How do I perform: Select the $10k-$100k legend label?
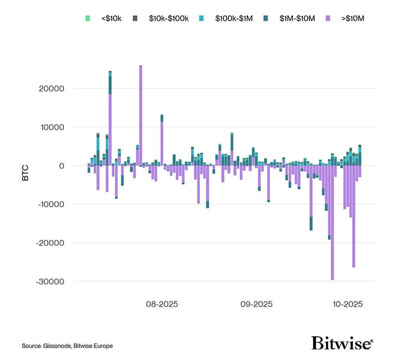coord(168,19)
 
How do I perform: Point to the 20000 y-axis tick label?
coord(52,88)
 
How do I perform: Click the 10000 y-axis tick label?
coord(52,127)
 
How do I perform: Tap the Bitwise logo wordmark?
coord(342,343)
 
